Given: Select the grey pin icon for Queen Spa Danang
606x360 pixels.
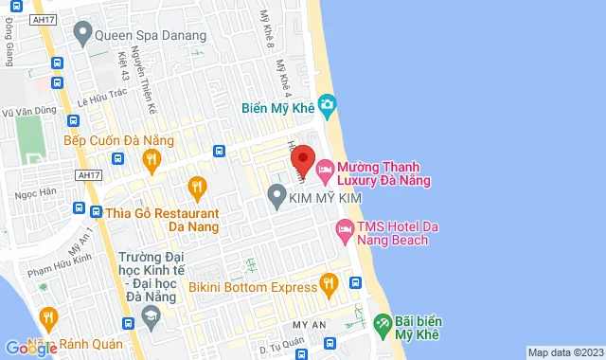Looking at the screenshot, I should [x=82, y=38].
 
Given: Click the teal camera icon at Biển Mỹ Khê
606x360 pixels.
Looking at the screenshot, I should [x=327, y=103].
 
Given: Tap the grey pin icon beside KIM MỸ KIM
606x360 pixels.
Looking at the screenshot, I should [x=276, y=197].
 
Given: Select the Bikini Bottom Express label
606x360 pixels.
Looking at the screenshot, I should [x=252, y=286].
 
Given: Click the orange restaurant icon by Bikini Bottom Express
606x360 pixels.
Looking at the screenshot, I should [x=329, y=282].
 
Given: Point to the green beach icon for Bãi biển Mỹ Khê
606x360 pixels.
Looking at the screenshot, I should [x=382, y=323].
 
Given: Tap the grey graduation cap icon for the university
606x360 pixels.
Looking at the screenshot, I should [x=151, y=314].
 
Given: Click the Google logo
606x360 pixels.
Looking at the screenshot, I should [x=31, y=348].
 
